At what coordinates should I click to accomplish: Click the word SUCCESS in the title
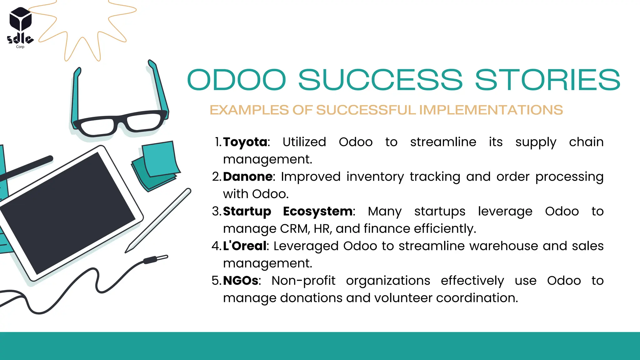coord(380,80)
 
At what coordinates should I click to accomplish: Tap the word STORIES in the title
coord(547,80)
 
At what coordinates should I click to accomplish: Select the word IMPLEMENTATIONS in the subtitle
coord(491,110)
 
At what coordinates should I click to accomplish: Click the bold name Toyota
coord(245,142)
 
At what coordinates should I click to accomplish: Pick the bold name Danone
coord(248,177)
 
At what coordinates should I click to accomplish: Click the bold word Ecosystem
coord(317,212)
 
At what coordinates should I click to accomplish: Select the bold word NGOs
coord(241,281)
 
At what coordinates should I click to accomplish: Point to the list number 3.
coord(216,212)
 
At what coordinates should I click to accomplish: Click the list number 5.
coord(216,281)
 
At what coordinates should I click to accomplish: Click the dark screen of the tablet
coord(67,212)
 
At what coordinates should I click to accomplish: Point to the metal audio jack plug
coord(156,259)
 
